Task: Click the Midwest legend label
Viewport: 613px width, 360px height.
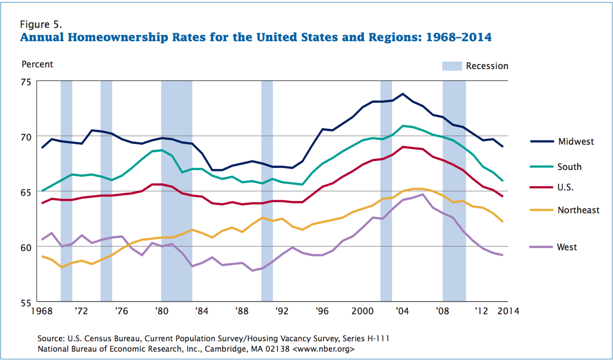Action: (x=576, y=141)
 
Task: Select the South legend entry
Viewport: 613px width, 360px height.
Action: (x=569, y=167)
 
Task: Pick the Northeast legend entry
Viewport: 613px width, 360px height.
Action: (x=578, y=210)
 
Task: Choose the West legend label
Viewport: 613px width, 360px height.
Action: (x=567, y=247)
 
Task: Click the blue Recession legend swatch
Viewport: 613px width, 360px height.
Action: (x=451, y=66)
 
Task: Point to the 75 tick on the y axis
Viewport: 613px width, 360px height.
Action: (x=26, y=82)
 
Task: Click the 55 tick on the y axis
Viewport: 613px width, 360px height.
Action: (x=26, y=302)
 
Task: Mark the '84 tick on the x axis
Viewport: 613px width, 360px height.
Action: (x=202, y=312)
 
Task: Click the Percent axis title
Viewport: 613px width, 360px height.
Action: (x=37, y=64)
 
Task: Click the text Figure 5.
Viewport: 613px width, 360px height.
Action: (x=41, y=24)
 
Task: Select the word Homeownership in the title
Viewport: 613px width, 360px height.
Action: (x=113, y=37)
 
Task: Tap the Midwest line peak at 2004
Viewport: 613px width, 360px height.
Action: (x=402, y=94)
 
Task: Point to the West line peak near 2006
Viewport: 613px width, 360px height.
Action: (x=422, y=194)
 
